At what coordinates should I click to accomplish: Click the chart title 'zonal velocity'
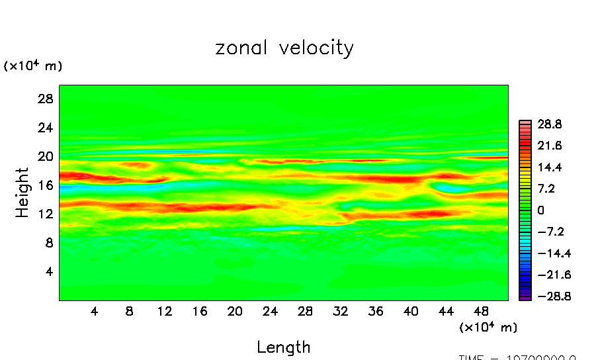tap(284, 48)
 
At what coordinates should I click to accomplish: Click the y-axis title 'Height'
tap(22, 193)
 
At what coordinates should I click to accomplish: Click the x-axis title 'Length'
tap(283, 347)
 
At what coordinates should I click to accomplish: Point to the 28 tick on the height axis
tap(44, 99)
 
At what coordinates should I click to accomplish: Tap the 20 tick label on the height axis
tap(44, 157)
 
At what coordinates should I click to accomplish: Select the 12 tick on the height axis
tap(44, 214)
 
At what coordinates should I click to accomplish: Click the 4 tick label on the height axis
tap(47, 272)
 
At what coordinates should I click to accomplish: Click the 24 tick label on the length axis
tap(270, 310)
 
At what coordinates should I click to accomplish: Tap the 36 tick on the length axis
tap(376, 310)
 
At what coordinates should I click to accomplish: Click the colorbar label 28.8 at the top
tap(548, 124)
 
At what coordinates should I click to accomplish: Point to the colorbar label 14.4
tap(548, 167)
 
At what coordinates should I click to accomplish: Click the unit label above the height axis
tap(33, 66)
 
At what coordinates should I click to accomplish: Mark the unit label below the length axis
tap(488, 327)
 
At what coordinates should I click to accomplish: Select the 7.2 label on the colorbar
tap(546, 189)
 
